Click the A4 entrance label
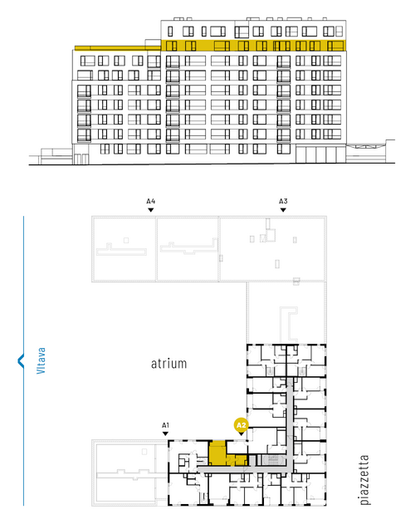(x=151, y=201)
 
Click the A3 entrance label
(x=283, y=201)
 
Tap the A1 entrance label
(x=165, y=425)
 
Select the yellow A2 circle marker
(x=242, y=425)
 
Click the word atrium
(x=168, y=364)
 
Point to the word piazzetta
(x=364, y=480)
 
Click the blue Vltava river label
(x=41, y=360)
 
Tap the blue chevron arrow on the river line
(x=21, y=360)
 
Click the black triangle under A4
(x=151, y=210)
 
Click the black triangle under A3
(x=283, y=210)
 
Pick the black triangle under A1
(x=165, y=433)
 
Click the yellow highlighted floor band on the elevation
(x=253, y=45)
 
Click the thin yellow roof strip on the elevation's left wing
(x=118, y=48)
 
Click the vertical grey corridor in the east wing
(x=290, y=424)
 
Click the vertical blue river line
(x=23, y=360)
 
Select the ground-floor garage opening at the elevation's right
(x=320, y=154)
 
